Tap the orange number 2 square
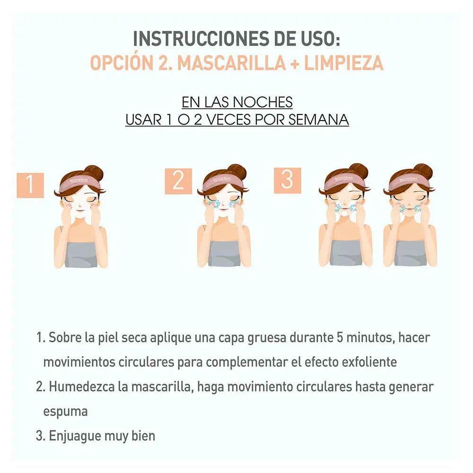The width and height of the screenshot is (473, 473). (178, 181)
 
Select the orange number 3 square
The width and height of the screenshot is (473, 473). (287, 180)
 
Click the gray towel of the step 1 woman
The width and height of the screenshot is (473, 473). (81, 254)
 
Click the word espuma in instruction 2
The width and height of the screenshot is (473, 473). (65, 411)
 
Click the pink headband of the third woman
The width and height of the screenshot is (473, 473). (346, 180)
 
